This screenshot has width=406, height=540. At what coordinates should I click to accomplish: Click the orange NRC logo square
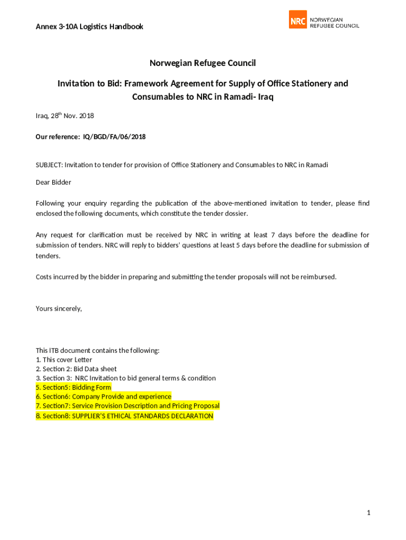[x=298, y=20]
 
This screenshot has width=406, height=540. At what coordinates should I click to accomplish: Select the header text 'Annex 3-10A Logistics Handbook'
[x=89, y=26]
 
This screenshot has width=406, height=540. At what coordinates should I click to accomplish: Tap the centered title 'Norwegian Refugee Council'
[x=202, y=63]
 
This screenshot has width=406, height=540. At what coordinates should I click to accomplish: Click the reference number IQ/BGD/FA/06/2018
[x=114, y=137]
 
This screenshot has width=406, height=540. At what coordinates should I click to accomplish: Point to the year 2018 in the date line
[x=86, y=115]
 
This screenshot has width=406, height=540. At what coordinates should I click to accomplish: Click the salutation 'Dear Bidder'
[x=53, y=182]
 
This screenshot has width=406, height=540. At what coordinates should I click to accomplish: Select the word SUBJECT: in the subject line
[x=49, y=165]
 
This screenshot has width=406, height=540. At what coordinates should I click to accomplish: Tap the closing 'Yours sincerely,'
[x=59, y=308]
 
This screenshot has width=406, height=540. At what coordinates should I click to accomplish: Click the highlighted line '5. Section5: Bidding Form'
[x=73, y=387]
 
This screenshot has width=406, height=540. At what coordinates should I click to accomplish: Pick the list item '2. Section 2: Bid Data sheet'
[x=76, y=369]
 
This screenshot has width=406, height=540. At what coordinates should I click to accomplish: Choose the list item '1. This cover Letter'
[x=64, y=360]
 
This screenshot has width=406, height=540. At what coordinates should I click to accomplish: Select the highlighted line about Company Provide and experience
[x=103, y=396]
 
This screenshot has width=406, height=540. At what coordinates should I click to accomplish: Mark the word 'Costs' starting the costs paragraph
[x=44, y=276]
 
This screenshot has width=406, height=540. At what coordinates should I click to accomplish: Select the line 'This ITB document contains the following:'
[x=98, y=350]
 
